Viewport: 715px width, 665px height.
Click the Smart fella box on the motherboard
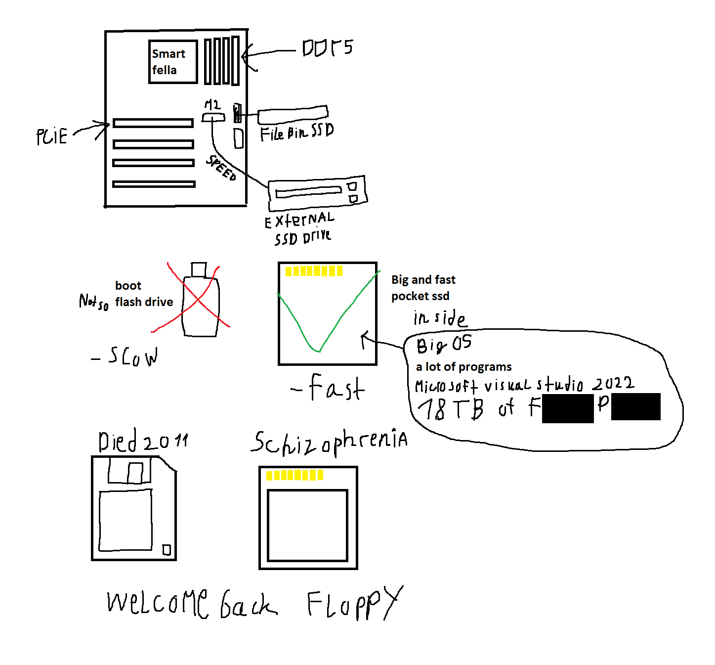[172, 62]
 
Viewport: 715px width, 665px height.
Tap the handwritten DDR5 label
[327, 48]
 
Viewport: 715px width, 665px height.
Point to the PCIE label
[52, 136]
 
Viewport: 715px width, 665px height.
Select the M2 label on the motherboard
[212, 105]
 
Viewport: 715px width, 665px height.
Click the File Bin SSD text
[296, 132]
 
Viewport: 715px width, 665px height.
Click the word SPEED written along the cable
[221, 168]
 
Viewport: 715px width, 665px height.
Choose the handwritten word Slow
[132, 356]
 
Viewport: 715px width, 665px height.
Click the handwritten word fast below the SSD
[336, 388]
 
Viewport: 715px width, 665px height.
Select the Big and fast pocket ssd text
[423, 288]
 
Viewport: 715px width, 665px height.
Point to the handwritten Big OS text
[444, 344]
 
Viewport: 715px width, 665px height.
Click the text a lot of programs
[463, 367]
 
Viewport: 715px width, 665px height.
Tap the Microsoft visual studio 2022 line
[524, 385]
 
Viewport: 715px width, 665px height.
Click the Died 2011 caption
[143, 441]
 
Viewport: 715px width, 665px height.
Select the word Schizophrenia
[329, 442]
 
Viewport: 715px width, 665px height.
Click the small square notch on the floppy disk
[167, 550]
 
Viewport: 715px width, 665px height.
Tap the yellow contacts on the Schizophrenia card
[294, 475]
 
